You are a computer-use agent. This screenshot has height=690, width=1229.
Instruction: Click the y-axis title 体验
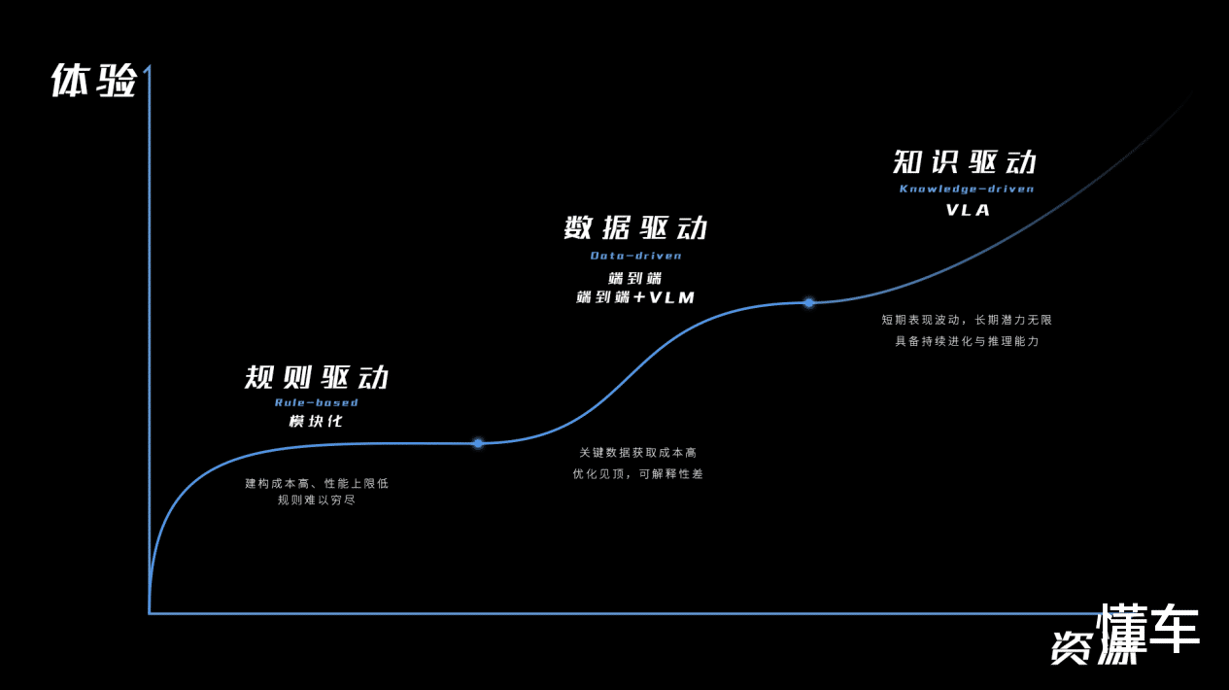click(93, 81)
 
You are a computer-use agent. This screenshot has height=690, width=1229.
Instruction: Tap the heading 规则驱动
click(317, 377)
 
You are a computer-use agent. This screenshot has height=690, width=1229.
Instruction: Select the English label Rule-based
click(317, 402)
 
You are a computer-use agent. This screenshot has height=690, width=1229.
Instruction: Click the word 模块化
click(317, 422)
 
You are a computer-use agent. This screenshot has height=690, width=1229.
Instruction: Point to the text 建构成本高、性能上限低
click(317, 483)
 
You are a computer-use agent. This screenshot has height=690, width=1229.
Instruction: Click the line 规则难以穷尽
click(317, 500)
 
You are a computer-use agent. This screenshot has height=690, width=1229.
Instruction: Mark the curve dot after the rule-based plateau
click(478, 443)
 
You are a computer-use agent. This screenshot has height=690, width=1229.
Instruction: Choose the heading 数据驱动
click(636, 228)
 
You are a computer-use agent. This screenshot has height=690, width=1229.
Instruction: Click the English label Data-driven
click(636, 256)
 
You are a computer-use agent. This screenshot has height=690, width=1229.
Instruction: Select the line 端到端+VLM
click(636, 297)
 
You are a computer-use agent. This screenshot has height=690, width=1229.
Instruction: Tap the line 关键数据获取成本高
click(638, 453)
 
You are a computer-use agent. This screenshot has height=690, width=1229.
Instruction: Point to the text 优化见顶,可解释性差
click(638, 474)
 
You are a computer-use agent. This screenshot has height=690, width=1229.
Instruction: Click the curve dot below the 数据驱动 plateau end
click(808, 303)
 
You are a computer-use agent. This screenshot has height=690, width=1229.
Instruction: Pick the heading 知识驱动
click(966, 161)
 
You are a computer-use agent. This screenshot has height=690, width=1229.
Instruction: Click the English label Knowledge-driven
click(967, 189)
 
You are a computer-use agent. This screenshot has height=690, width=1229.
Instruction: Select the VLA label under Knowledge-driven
click(968, 210)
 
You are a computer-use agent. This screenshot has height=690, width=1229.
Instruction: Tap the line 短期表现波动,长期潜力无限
click(967, 320)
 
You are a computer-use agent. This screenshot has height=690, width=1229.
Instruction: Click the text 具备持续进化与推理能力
click(967, 341)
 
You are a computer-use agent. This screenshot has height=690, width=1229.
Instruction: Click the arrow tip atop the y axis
click(148, 68)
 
